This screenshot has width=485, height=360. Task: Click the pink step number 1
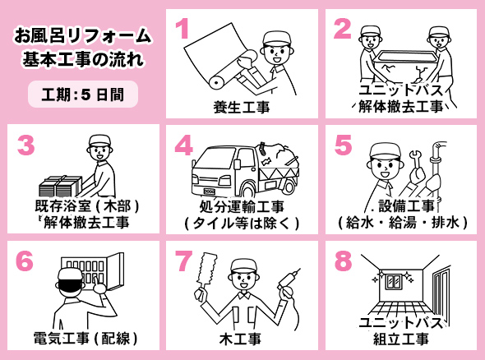click(183, 28)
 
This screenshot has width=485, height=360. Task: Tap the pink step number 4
click(184, 145)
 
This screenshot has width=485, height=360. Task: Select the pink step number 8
click(343, 261)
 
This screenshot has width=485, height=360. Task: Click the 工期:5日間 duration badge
click(83, 95)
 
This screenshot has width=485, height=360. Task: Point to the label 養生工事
click(242, 108)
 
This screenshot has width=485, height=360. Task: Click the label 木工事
click(240, 339)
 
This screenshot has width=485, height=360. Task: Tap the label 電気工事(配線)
click(85, 338)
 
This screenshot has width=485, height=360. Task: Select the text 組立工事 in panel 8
click(401, 339)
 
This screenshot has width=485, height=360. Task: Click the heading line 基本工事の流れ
click(84, 58)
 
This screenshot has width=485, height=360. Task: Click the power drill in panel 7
click(288, 283)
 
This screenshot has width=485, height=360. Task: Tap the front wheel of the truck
click(248, 191)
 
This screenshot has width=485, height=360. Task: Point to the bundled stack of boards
click(61, 186)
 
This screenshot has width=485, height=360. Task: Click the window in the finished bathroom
click(394, 281)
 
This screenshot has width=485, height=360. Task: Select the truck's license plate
click(210, 192)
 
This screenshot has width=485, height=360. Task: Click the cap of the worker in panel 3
click(99, 141)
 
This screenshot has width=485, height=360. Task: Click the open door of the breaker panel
click(115, 271)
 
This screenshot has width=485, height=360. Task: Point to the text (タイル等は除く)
click(242, 223)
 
